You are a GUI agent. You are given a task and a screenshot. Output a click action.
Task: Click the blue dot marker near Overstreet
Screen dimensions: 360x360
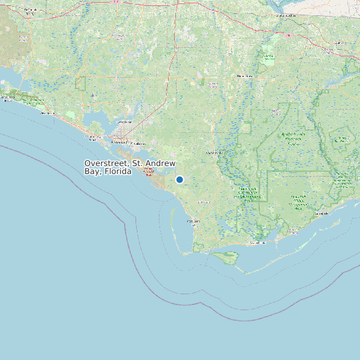point(179,179)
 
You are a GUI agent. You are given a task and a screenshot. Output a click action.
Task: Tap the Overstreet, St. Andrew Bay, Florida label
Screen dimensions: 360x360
point(130,167)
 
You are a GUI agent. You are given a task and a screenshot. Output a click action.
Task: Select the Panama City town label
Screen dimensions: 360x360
point(122,141)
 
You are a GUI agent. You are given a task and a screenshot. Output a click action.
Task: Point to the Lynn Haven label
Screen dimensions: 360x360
point(124,123)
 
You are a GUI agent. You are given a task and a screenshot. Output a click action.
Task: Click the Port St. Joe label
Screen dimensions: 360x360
point(193,221)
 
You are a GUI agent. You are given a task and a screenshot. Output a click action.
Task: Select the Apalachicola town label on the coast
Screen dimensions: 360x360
point(256,243)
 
